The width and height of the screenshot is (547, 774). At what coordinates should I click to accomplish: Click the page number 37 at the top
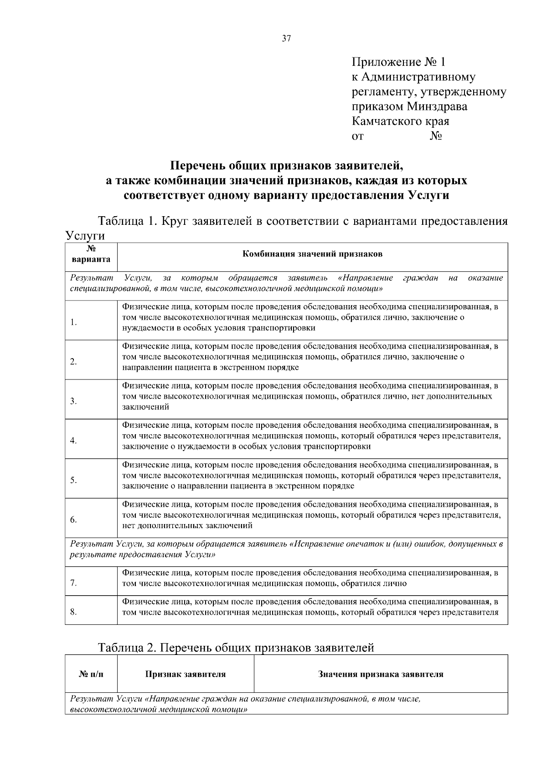click(x=286, y=39)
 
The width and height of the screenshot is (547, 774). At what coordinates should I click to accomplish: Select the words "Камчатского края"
click(x=401, y=121)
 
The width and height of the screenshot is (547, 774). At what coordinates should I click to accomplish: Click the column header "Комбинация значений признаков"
click(x=312, y=254)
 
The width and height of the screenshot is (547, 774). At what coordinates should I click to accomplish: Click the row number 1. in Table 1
click(x=74, y=322)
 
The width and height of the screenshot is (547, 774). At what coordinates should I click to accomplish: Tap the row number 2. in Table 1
click(x=74, y=362)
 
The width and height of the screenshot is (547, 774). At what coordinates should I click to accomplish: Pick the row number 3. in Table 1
click(x=74, y=401)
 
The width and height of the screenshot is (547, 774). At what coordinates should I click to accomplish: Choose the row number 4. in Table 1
click(x=74, y=441)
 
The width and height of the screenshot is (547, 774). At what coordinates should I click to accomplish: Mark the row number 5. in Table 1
click(x=74, y=480)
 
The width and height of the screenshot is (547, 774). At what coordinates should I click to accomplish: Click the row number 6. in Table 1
click(x=74, y=520)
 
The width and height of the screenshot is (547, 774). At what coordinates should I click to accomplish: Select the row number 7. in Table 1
click(x=74, y=583)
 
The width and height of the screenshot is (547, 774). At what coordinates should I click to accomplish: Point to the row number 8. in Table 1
click(x=74, y=612)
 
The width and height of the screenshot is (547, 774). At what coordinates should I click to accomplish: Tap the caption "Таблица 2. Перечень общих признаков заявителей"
click(x=236, y=648)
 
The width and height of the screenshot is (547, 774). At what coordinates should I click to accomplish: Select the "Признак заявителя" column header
click(x=186, y=674)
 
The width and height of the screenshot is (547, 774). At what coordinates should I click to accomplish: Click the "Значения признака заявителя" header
click(x=381, y=674)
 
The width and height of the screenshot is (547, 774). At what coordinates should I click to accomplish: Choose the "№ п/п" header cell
click(x=91, y=674)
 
